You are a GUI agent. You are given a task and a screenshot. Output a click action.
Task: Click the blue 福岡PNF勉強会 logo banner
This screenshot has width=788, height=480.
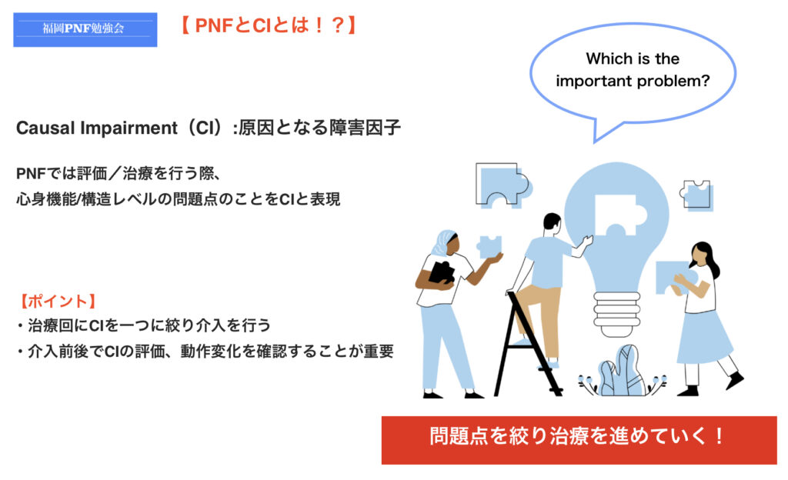tap(85, 30)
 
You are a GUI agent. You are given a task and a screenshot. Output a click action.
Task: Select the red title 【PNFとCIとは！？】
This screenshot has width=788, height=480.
tap(269, 25)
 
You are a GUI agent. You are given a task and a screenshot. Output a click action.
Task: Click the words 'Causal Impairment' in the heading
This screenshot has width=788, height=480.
tap(96, 128)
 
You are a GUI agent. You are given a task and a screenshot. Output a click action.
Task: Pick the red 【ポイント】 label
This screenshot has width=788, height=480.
tap(58, 302)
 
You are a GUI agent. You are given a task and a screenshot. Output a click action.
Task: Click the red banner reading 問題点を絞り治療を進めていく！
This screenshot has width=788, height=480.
tap(579, 440)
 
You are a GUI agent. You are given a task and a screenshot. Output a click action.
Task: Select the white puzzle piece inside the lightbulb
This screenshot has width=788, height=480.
tap(615, 215)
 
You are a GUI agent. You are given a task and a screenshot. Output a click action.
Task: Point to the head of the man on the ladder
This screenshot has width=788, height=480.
tap(552, 224)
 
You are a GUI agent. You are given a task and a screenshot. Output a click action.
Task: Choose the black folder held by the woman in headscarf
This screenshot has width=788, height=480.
tap(441, 273)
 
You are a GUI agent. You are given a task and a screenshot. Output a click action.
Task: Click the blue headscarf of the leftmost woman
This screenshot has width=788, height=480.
tap(442, 244)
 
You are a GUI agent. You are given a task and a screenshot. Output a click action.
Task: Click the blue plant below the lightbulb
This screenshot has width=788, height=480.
tap(621, 372)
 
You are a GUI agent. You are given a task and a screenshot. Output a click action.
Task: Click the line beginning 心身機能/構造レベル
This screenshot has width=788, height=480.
tap(179, 199)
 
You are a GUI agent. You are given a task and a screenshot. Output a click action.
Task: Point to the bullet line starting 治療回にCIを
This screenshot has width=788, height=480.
tap(145, 326)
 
